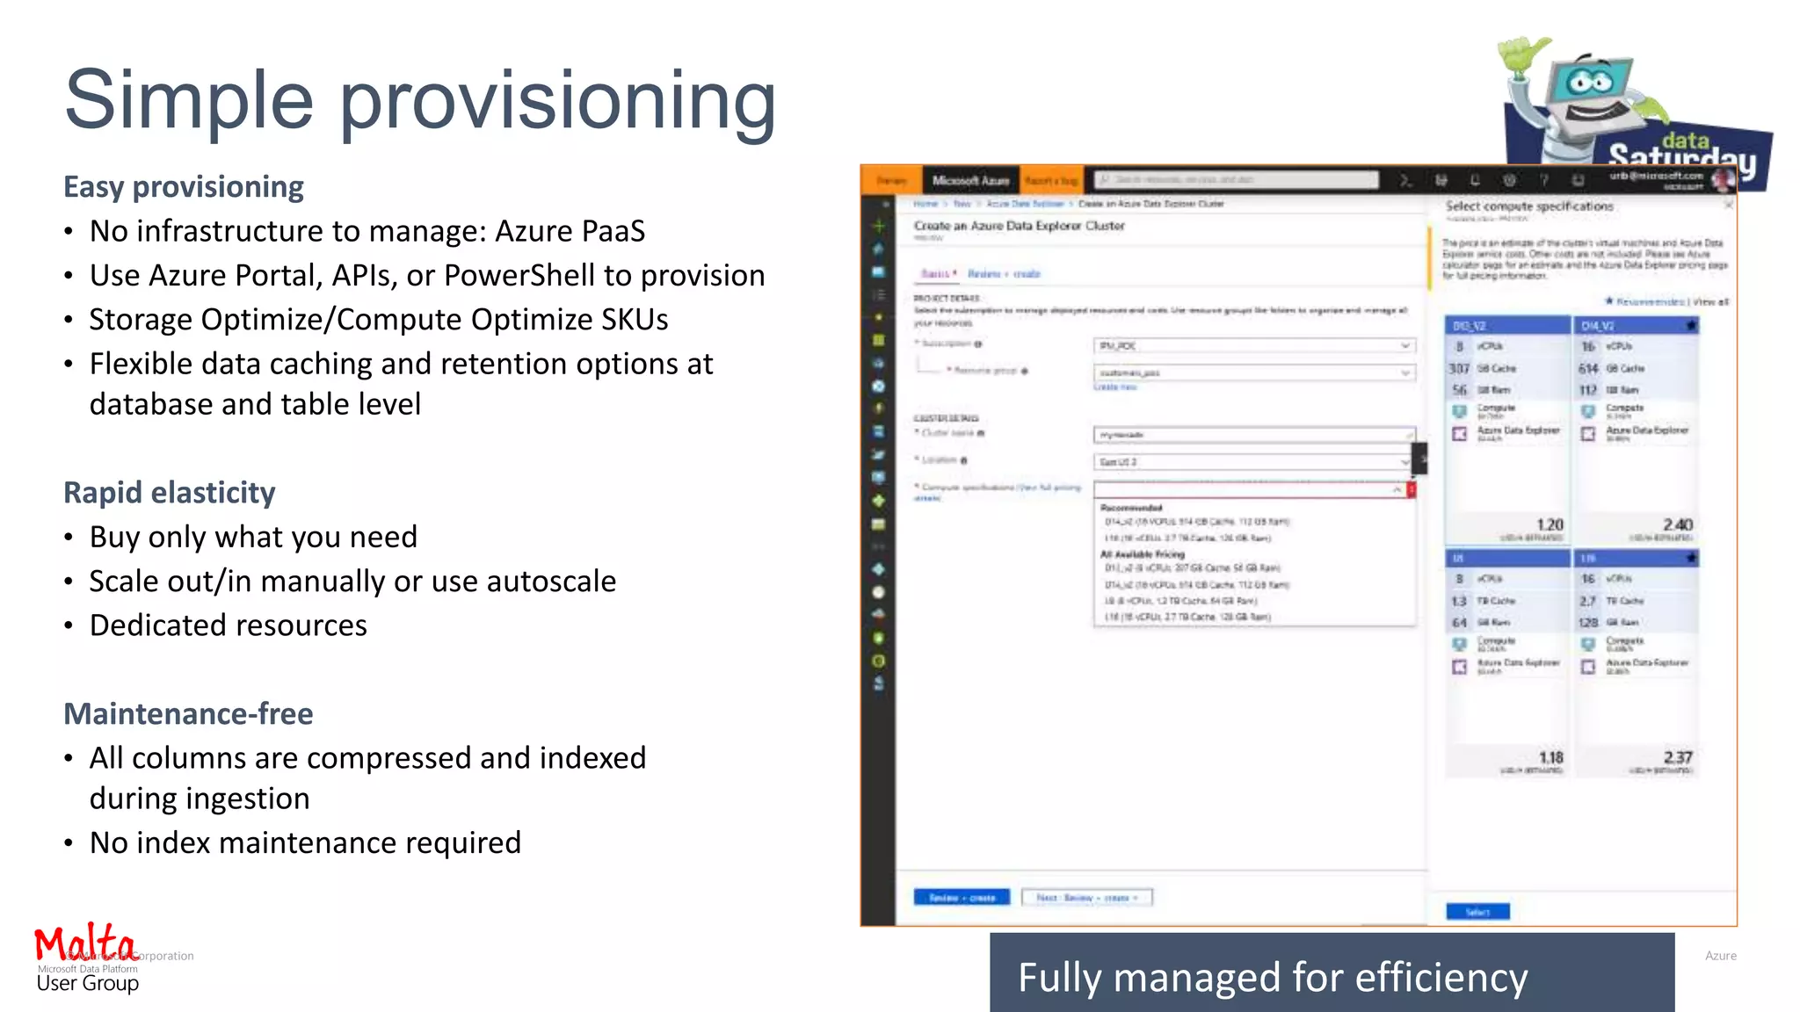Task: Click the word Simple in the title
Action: point(188,100)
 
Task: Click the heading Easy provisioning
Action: point(184,187)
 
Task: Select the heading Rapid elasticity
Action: point(170,493)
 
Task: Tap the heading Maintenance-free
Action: point(188,713)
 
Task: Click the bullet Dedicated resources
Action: point(228,625)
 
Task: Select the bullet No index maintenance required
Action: point(305,843)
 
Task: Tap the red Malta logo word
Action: point(84,943)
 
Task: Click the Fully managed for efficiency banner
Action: point(1332,976)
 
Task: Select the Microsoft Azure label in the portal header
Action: point(970,180)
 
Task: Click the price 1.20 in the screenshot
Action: point(1550,524)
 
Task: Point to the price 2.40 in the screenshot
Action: point(1677,524)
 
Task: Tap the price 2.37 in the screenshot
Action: point(1677,757)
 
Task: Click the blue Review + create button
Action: point(962,897)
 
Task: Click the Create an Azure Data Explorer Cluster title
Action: point(1019,226)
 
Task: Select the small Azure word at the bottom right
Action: point(1720,956)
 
